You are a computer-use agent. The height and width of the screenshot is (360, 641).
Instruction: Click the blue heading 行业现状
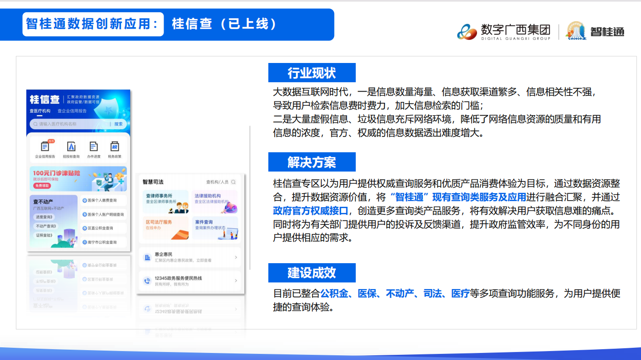(312, 73)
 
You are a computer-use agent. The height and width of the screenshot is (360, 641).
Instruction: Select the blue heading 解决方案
(312, 163)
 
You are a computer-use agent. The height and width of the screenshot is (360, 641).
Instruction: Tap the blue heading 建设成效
(312, 273)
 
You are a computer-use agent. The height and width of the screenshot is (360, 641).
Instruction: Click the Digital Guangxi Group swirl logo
(467, 31)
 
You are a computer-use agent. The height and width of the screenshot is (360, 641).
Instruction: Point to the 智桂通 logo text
(607, 32)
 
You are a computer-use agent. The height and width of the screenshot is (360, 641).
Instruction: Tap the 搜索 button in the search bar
(118, 124)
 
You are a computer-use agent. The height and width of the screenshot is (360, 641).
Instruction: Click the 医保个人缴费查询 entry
(103, 200)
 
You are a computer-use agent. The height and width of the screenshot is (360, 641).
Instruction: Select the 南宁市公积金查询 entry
(103, 243)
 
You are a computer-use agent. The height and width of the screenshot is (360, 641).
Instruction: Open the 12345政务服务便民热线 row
(190, 281)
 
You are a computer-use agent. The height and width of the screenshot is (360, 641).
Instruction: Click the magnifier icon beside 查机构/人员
(234, 182)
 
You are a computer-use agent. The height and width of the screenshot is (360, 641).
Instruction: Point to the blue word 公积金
(334, 294)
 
